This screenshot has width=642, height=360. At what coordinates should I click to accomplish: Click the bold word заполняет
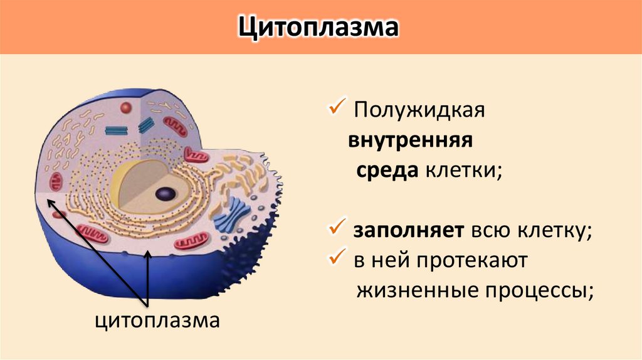click(408, 231)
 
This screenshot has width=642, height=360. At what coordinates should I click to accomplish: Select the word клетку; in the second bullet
click(554, 231)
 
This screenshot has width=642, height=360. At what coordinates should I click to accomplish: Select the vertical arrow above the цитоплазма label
click(148, 279)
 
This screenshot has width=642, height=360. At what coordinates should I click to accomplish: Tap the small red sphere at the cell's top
click(127, 108)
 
